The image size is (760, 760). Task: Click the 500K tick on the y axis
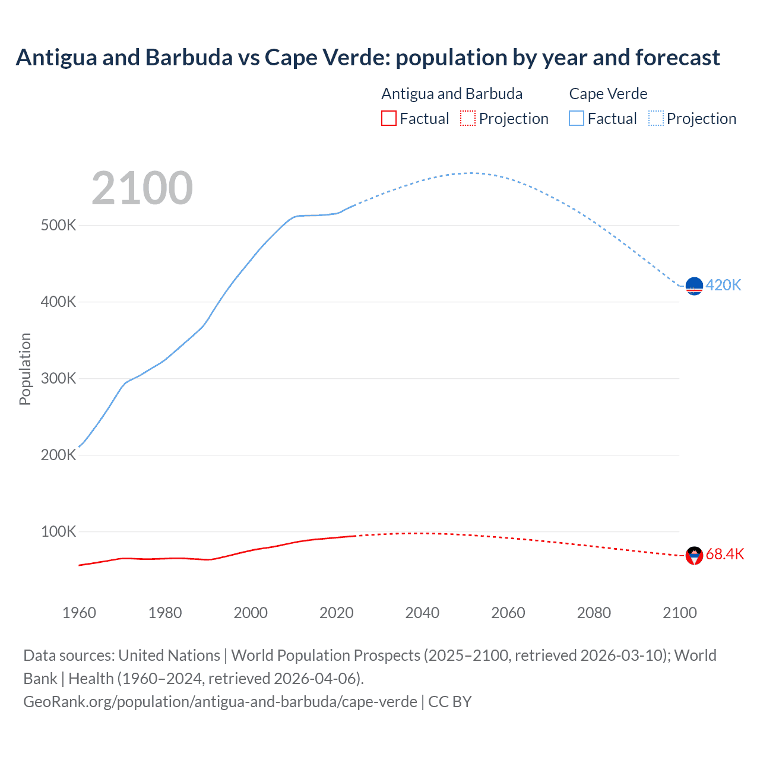pos(58,226)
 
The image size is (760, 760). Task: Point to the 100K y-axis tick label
pos(58,531)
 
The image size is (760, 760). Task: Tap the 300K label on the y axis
pos(58,378)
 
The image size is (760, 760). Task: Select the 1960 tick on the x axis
pos(79,613)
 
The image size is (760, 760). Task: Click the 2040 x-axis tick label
pos(422,613)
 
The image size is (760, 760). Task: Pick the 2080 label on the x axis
pos(594,613)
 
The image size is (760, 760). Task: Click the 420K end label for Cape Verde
pos(723,286)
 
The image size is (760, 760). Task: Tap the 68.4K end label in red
pos(724,555)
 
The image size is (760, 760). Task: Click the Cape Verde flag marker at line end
pos(694,286)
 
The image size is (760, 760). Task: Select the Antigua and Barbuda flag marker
pos(694,556)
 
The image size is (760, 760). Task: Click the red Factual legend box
pos(388,118)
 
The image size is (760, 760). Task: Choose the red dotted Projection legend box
pos(468,118)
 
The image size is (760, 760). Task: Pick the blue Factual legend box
pos(576,118)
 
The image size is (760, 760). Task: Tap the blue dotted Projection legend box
pos(655,118)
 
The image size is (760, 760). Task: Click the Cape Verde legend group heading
pos(608,94)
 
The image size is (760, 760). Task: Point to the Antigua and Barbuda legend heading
pos(452,94)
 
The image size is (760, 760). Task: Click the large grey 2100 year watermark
pos(142,188)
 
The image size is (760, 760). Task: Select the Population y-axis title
pos(25,369)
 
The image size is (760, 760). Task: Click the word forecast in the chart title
pos(677,58)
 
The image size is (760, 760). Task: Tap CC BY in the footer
pos(449,701)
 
